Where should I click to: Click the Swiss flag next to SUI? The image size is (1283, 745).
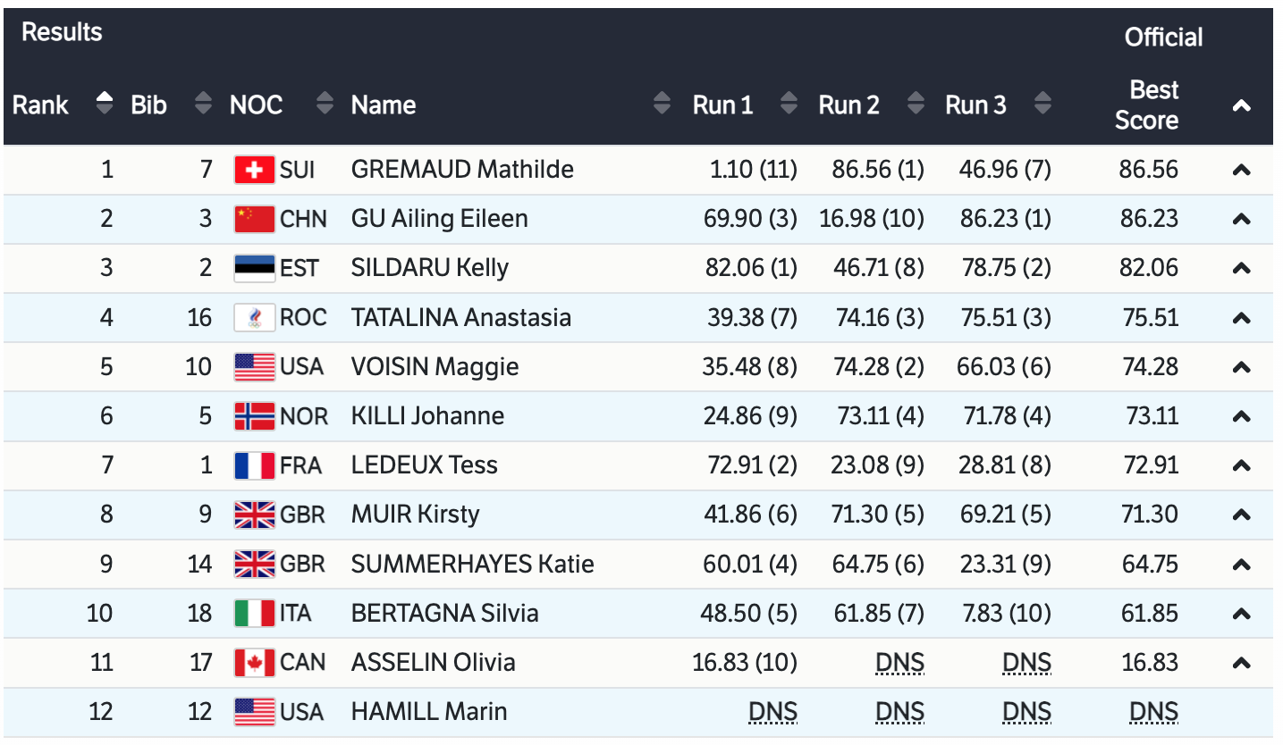(x=254, y=170)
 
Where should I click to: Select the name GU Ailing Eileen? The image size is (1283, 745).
(x=439, y=219)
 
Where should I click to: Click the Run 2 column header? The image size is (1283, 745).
(x=848, y=105)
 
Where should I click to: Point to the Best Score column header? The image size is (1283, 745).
(x=1148, y=105)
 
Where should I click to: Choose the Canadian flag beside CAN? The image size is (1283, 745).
(x=254, y=663)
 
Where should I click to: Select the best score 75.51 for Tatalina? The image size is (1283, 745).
(x=1148, y=318)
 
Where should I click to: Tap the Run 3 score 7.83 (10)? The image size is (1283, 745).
(x=1003, y=614)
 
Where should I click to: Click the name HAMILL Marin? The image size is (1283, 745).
(x=428, y=712)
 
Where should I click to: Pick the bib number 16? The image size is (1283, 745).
(x=199, y=318)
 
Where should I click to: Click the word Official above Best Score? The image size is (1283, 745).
(x=1163, y=38)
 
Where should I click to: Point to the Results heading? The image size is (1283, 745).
(x=62, y=32)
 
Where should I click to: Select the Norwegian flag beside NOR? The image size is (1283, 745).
(x=254, y=416)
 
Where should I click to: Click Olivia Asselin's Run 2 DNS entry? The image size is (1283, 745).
(x=899, y=663)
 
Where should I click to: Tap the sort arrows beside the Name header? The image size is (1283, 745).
(x=662, y=105)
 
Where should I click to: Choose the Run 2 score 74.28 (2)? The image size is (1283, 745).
(x=871, y=367)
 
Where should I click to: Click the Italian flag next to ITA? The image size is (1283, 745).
(x=254, y=614)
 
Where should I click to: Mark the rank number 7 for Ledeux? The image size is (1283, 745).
(x=107, y=465)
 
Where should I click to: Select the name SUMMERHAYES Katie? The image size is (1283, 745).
(x=472, y=565)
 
